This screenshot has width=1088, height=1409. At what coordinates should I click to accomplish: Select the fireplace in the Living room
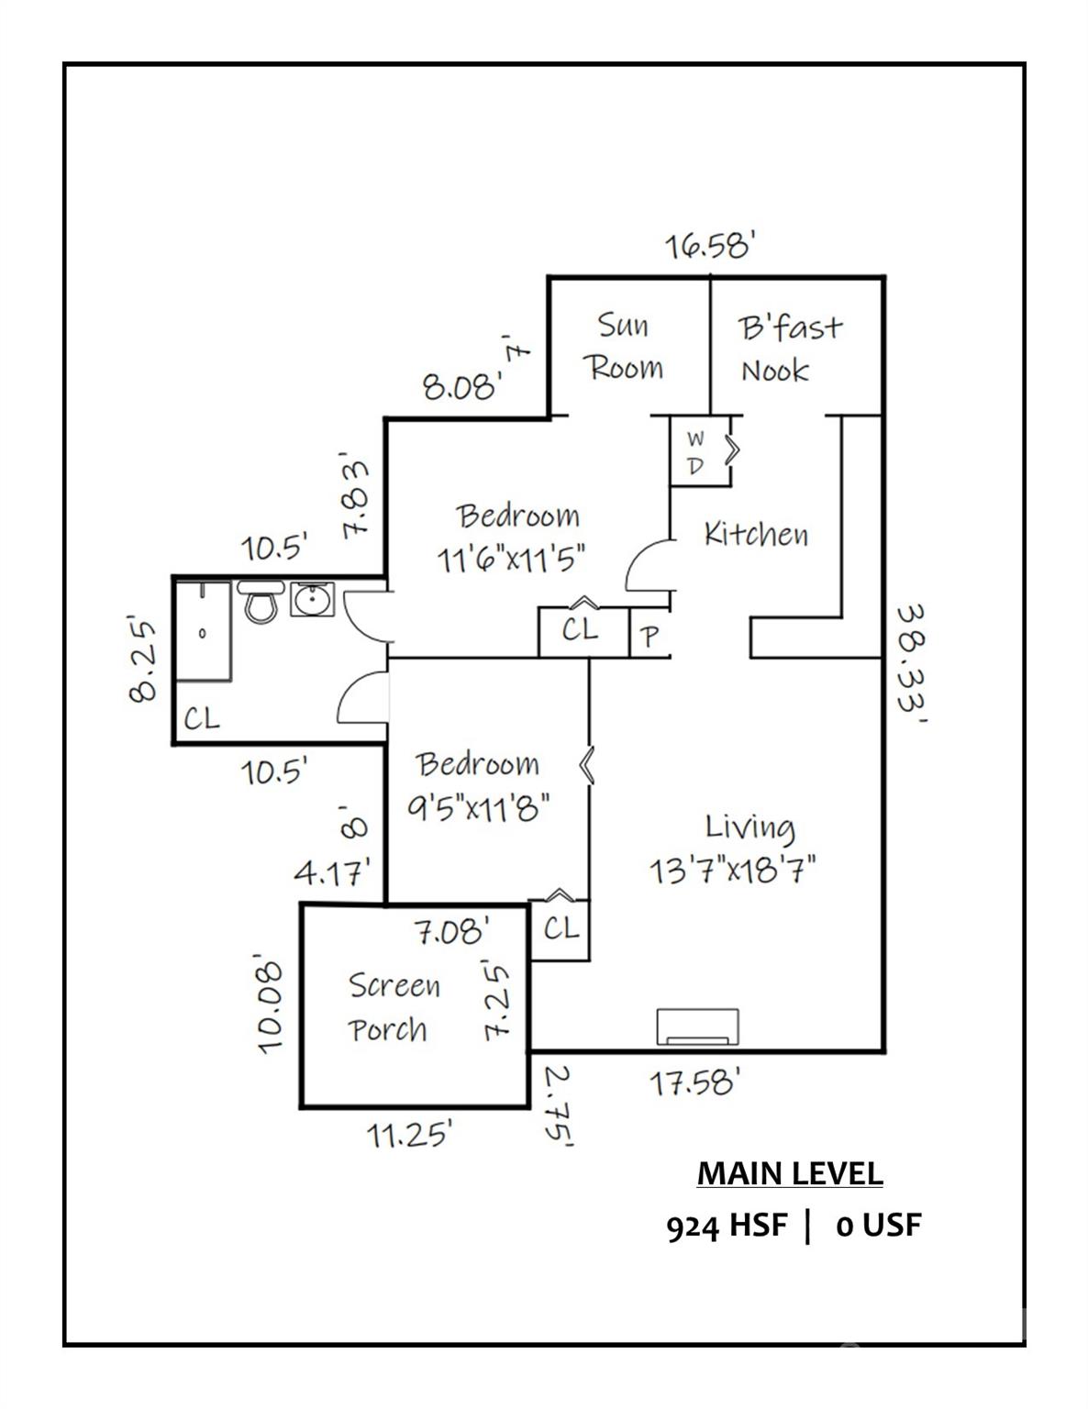698,1026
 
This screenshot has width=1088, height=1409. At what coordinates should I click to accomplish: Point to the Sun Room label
624,347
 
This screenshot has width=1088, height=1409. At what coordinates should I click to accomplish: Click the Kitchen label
756,534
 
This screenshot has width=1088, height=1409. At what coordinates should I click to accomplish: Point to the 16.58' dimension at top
710,246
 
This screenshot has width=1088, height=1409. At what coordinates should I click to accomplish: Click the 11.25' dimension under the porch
410,1135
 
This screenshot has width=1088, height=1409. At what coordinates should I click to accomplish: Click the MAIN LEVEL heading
790,1173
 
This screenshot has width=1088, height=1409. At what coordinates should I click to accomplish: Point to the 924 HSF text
726,1226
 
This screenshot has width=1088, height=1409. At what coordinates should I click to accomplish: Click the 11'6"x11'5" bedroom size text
510,558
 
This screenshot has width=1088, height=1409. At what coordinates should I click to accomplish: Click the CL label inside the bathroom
202,718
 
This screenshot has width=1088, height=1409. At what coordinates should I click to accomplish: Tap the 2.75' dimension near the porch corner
557,1105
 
